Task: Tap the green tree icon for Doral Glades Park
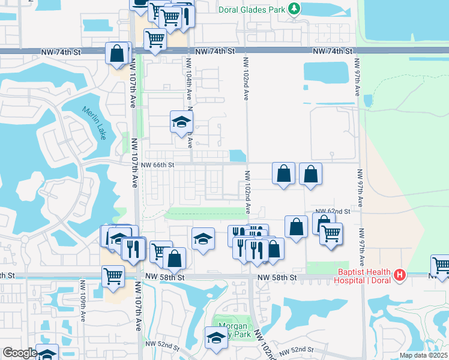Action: [x=294, y=8]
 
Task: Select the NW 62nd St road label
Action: [x=334, y=211]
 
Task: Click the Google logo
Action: [x=19, y=353]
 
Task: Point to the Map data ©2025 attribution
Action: [x=423, y=355]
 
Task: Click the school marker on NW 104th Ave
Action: [x=181, y=122]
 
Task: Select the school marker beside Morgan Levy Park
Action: [x=216, y=338]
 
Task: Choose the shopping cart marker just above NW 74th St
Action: [x=155, y=40]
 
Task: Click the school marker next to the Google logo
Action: [x=47, y=354]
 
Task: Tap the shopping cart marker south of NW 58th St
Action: [x=113, y=277]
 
